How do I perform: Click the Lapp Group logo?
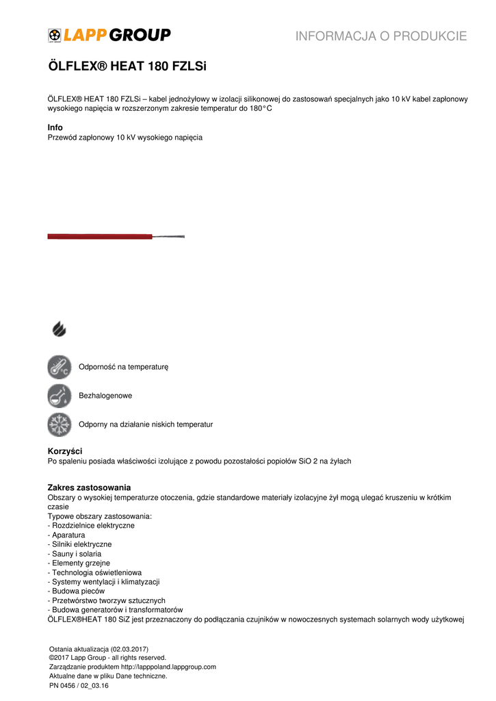click(109, 35)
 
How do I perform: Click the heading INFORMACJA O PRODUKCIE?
click(381, 36)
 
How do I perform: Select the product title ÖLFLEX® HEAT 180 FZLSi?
click(127, 67)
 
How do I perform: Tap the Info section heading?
click(55, 127)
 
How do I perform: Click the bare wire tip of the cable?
click(169, 237)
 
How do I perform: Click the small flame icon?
click(60, 329)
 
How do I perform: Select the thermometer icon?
click(60, 367)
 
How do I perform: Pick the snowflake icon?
click(60, 424)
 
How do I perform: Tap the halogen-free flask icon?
click(60, 396)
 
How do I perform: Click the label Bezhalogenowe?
click(105, 396)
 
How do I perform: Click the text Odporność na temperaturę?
click(123, 367)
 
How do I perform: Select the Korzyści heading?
click(65, 451)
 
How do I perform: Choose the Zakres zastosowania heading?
click(89, 487)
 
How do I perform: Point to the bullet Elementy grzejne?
click(79, 563)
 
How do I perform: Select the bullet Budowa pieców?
click(76, 591)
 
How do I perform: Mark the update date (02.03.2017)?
click(126, 649)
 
